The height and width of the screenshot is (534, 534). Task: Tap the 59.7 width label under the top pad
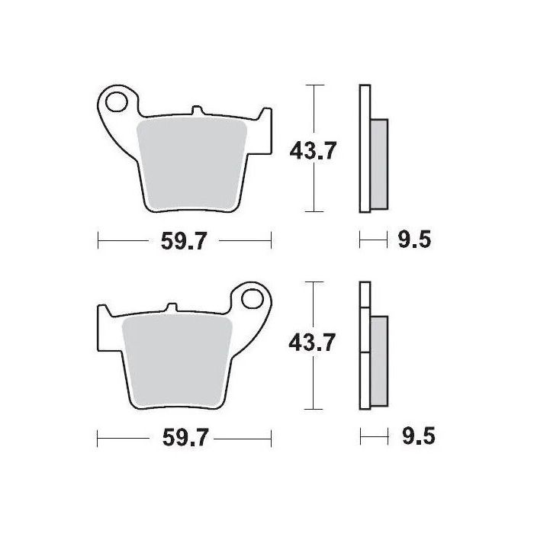[x=184, y=242]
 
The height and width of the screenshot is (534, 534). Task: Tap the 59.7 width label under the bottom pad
[x=184, y=439]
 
